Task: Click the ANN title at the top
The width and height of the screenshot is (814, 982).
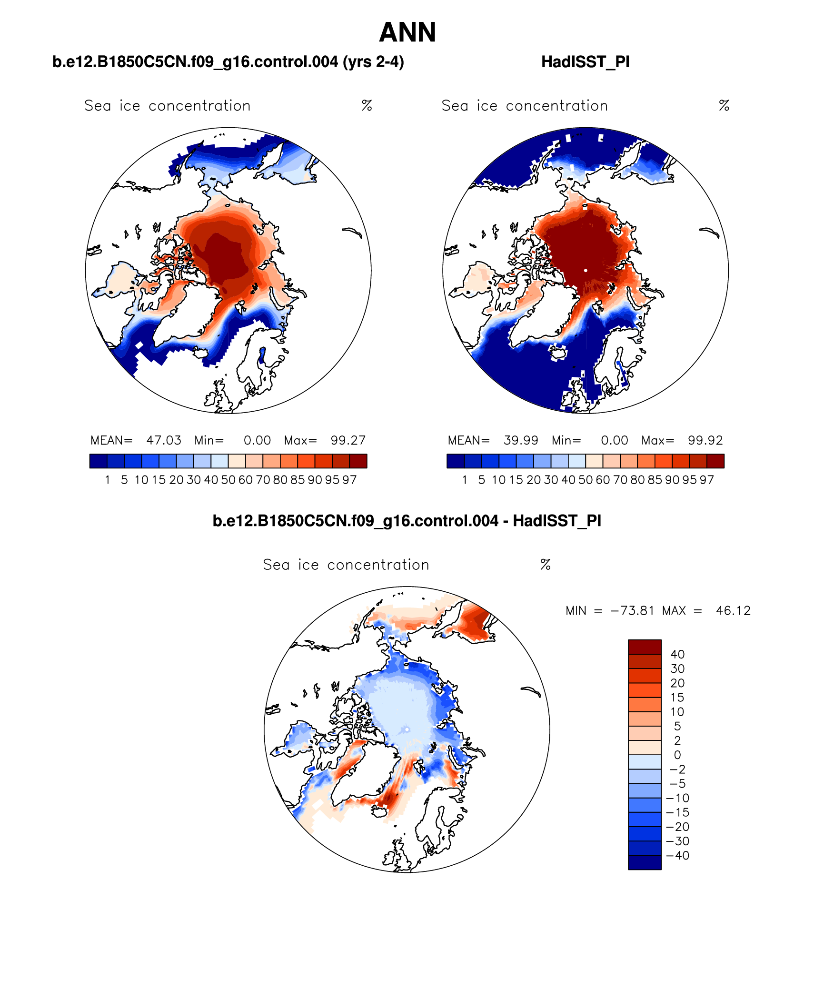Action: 407,33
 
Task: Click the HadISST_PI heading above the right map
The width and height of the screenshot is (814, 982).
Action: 586,62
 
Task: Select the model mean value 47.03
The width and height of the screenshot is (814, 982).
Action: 164,440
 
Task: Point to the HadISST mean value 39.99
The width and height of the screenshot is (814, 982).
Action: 521,440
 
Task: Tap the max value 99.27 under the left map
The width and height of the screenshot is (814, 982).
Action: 348,440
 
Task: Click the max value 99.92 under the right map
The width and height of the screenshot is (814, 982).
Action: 705,440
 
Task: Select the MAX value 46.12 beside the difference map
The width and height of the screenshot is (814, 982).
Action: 733,611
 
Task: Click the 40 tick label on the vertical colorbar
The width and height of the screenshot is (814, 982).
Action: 677,654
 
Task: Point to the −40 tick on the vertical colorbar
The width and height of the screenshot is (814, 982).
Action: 678,855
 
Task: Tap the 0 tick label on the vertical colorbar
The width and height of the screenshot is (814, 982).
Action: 677,755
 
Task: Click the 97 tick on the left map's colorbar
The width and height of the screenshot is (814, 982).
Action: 349,480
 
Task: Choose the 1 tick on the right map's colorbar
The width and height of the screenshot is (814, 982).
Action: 465,480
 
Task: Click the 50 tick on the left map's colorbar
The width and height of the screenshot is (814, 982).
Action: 228,480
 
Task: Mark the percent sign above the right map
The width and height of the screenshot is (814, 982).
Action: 724,105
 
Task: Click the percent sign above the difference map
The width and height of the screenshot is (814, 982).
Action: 546,565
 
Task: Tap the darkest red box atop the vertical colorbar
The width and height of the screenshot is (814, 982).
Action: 645,647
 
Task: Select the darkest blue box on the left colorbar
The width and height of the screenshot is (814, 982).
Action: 98,461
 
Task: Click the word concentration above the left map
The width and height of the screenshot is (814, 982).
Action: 199,106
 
